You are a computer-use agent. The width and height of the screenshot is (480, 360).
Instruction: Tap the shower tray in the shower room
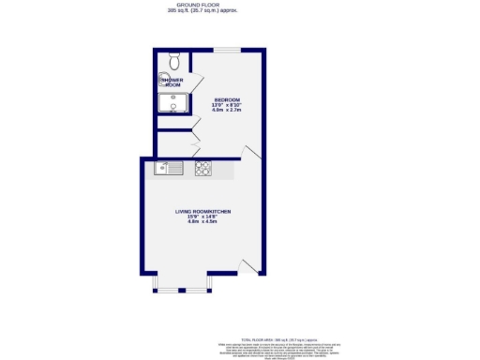pyautogui.click(x=174, y=102)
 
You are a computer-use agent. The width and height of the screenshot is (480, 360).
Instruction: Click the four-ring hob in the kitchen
pyautogui.click(x=202, y=169)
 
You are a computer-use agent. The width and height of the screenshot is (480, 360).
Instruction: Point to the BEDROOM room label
pyautogui.click(x=227, y=98)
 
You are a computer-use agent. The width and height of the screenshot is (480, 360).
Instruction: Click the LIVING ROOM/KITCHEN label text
pyautogui.click(x=202, y=212)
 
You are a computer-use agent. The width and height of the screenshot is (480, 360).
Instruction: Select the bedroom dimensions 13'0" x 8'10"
pyautogui.click(x=227, y=105)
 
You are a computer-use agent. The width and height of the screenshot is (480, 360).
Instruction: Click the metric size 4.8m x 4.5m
pyautogui.click(x=202, y=223)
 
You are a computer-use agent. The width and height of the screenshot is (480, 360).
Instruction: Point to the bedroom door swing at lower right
pyautogui.click(x=247, y=153)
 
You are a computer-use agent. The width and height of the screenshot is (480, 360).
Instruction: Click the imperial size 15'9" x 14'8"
pyautogui.click(x=202, y=217)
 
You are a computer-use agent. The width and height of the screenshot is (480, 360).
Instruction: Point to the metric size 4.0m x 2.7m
pyautogui.click(x=227, y=111)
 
